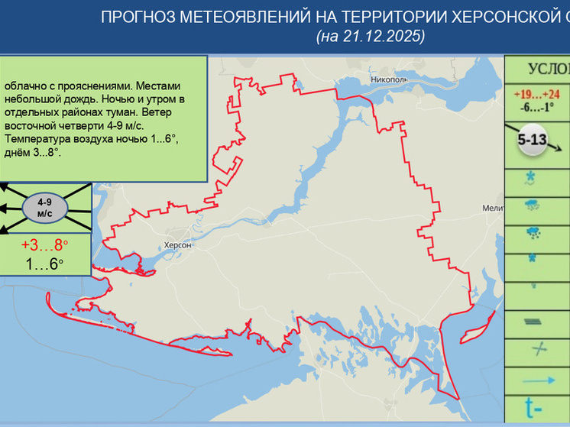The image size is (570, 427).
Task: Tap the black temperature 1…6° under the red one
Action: coord(44,264)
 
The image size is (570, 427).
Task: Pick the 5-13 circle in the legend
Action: coord(531,142)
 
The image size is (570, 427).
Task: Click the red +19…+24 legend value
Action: coord(537,95)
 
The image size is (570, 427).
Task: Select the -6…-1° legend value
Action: coord(537,107)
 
